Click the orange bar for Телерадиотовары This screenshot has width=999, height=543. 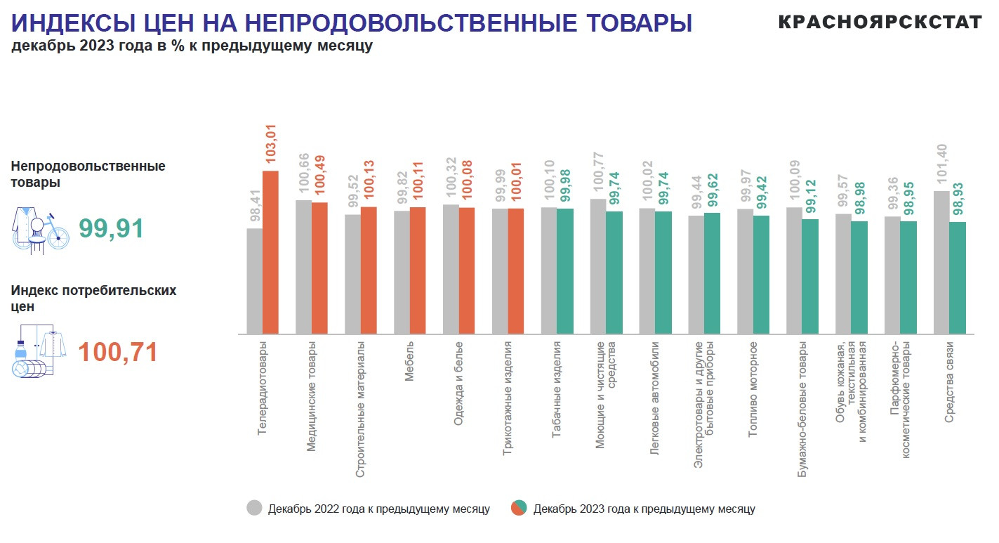coord(270,252)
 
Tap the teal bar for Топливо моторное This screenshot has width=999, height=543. coord(761,275)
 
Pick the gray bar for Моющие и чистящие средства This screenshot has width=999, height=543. coord(598,266)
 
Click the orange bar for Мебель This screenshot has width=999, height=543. coord(418,270)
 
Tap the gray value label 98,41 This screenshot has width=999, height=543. coord(255,204)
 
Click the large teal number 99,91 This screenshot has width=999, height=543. coord(111,229)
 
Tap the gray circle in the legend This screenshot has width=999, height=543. coord(254,508)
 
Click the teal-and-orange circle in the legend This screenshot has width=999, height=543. coord(519,508)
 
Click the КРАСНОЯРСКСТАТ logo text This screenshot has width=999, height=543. coord(880,22)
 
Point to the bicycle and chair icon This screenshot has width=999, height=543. coord(40,229)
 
